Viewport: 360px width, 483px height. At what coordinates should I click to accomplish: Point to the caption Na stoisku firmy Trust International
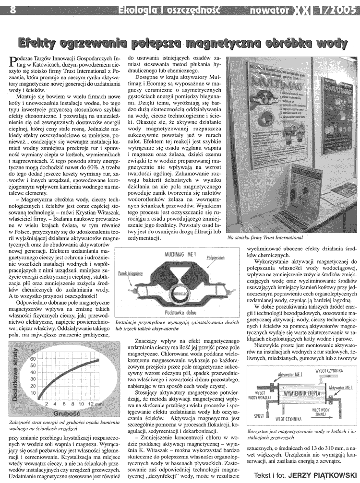click(x=265, y=237)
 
